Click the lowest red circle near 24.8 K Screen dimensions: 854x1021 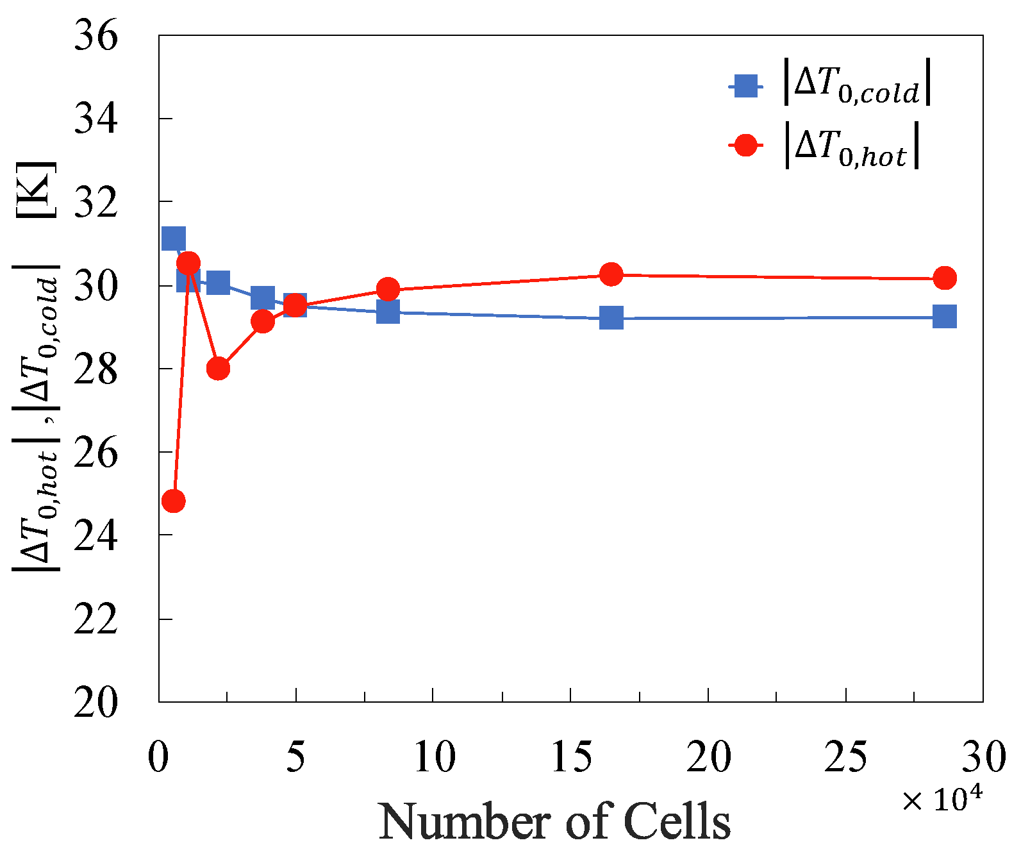pyautogui.click(x=174, y=501)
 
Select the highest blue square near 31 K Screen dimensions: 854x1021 pyautogui.click(x=174, y=239)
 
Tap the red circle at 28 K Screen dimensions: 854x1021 pyautogui.click(x=219, y=369)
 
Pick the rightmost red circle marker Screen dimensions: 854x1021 pyautogui.click(x=945, y=278)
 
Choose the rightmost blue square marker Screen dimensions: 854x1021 pyautogui.click(x=945, y=316)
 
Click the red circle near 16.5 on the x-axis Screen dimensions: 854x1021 pyautogui.click(x=611, y=274)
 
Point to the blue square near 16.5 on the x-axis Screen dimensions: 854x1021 pyautogui.click(x=611, y=317)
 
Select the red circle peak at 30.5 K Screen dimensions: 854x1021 pyautogui.click(x=188, y=263)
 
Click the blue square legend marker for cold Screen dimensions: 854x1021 pyautogui.click(x=745, y=85)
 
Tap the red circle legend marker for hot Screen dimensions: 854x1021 pyautogui.click(x=745, y=146)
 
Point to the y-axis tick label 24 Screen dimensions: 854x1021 pyautogui.click(x=96, y=536)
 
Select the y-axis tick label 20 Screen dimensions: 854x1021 pyautogui.click(x=96, y=703)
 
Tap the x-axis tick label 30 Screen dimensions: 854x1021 pyautogui.click(x=984, y=757)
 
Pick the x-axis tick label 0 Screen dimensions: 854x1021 pyautogui.click(x=158, y=757)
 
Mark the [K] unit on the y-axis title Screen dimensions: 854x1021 pyautogui.click(x=37, y=190)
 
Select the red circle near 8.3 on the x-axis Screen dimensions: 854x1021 pyautogui.click(x=388, y=289)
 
